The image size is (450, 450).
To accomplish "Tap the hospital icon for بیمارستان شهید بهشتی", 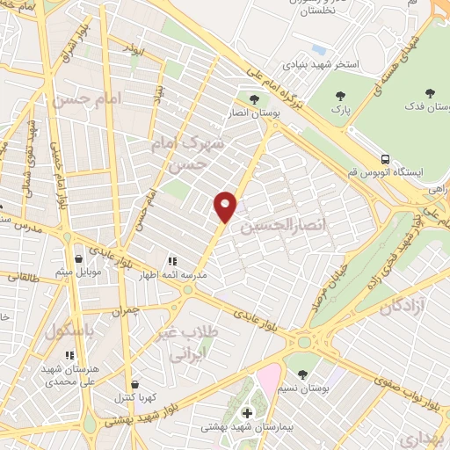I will click(247, 414).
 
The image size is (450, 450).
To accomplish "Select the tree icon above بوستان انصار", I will click(254, 99).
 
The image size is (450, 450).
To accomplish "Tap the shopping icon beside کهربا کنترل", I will click(134, 384).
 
